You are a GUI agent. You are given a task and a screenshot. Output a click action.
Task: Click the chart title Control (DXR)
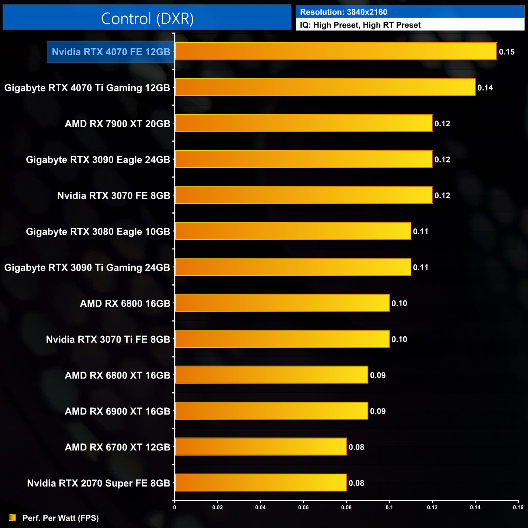click(147, 19)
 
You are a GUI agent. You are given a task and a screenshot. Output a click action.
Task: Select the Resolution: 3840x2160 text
click(344, 12)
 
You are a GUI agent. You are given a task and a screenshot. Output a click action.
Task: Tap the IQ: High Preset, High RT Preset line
click(360, 25)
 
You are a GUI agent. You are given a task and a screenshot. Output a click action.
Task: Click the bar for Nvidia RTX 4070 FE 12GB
click(336, 52)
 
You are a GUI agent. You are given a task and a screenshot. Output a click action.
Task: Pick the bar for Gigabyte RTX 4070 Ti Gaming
click(325, 87)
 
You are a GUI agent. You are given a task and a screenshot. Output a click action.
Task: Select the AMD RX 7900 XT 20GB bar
click(304, 123)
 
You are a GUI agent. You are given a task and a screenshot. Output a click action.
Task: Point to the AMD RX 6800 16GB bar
click(282, 303)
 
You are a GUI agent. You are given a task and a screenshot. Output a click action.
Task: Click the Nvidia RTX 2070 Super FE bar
click(261, 483)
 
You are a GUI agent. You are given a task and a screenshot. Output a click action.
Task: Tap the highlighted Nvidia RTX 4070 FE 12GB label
click(111, 52)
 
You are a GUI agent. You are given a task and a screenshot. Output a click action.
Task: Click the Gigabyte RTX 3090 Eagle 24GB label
click(98, 160)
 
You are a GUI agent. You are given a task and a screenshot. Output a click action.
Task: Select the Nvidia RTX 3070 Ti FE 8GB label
click(108, 340)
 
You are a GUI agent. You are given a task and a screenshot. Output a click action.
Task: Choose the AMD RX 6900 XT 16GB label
click(117, 411)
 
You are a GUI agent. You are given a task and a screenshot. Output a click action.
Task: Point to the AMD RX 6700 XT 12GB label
click(117, 447)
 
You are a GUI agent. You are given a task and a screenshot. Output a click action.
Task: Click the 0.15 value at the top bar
click(506, 52)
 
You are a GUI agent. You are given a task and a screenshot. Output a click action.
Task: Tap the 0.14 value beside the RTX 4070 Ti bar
click(485, 88)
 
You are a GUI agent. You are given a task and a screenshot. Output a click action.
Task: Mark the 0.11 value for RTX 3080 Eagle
click(420, 232)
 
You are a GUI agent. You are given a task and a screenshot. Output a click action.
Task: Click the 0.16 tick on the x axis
click(518, 507)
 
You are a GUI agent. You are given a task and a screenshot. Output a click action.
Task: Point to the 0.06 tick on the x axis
click(303, 507)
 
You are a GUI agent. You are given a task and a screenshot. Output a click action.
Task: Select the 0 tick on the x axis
click(175, 507)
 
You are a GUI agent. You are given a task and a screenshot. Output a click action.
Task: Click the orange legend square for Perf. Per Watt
click(13, 517)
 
